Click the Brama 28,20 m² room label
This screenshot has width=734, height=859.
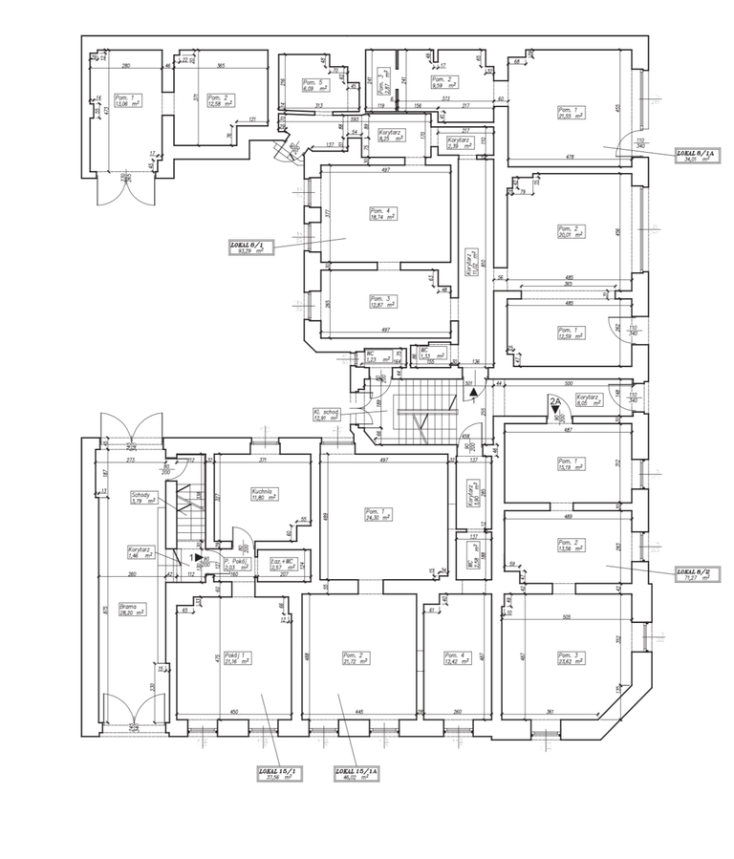[x=131, y=611]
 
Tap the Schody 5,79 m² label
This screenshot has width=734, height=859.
[x=142, y=497]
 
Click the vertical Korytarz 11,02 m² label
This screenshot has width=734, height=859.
[x=471, y=263]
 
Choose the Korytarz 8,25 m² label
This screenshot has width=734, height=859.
[x=389, y=136]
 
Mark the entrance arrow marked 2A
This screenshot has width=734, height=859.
[x=554, y=409]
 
